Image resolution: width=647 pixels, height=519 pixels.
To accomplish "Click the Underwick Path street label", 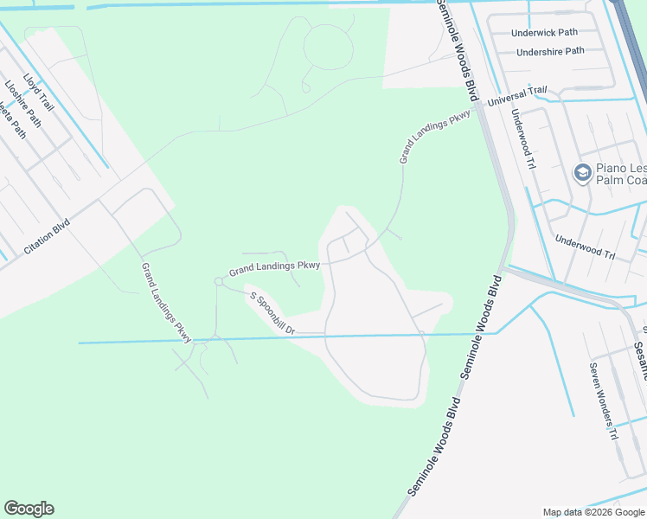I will (544, 33).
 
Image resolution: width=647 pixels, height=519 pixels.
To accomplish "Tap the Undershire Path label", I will (550, 52).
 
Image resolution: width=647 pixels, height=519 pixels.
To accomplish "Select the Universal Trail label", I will (517, 96).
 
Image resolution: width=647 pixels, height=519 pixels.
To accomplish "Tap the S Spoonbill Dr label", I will (272, 314).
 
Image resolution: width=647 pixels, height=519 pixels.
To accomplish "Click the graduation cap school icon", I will (582, 174).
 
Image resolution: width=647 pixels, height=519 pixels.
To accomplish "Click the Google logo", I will (29, 509).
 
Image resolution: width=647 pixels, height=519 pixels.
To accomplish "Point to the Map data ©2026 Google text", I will (594, 512).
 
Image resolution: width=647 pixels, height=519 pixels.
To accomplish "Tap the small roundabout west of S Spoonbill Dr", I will (219, 281).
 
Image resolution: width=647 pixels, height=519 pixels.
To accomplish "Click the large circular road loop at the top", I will (329, 47).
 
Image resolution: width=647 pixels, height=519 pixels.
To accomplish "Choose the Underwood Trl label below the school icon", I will (585, 248).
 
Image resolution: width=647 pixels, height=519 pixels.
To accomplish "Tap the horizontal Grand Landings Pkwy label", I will (274, 269).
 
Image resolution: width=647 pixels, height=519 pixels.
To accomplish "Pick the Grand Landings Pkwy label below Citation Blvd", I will (166, 302).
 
